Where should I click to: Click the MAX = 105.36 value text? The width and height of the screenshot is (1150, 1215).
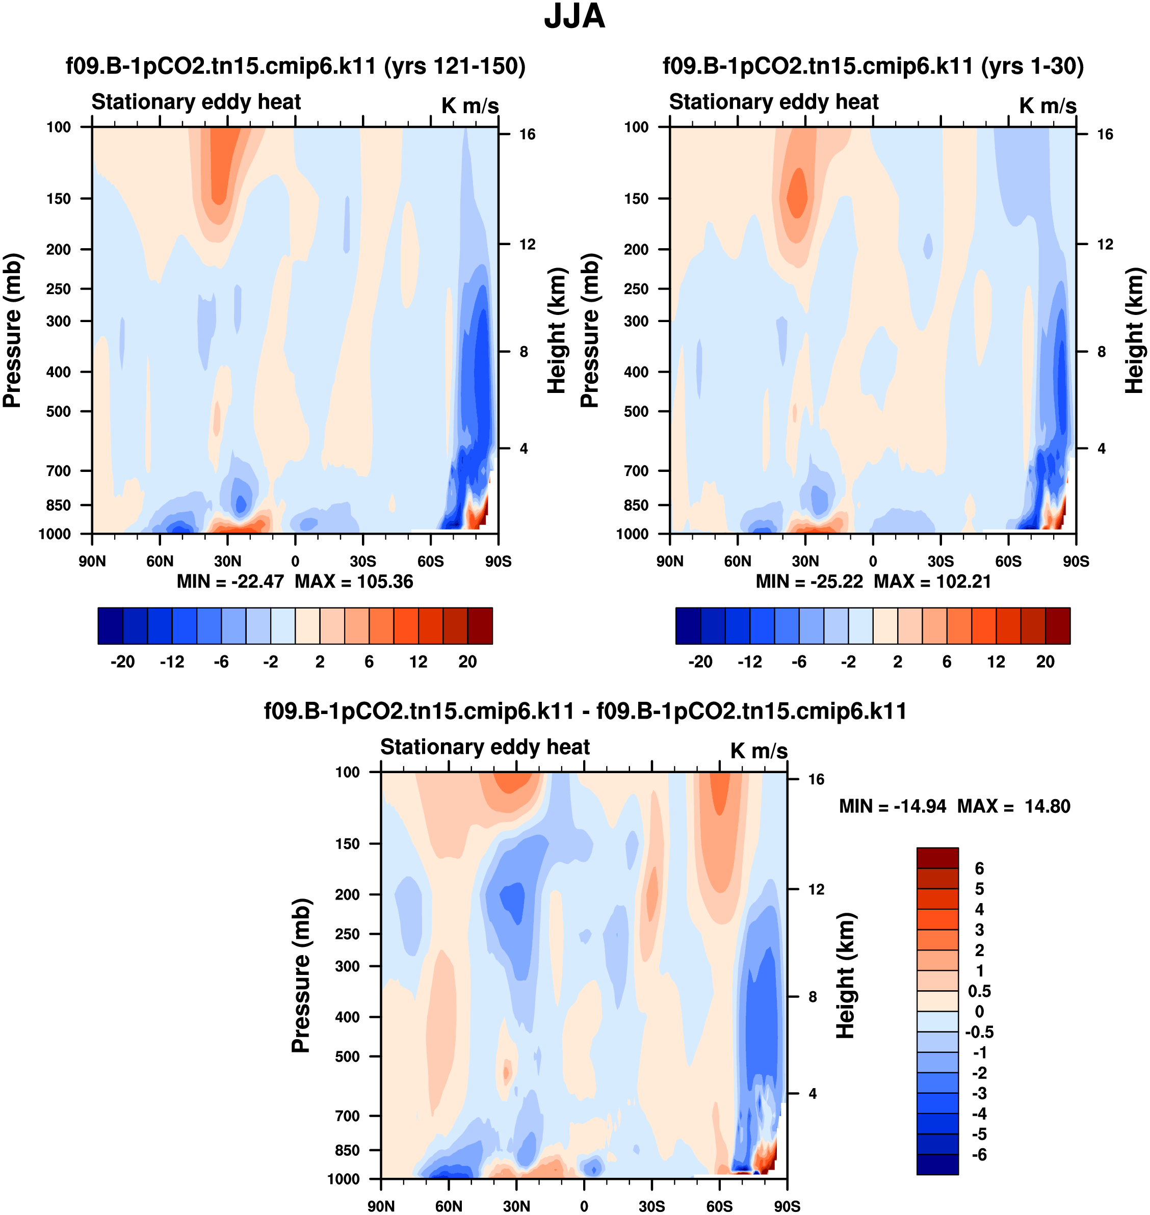[x=354, y=581]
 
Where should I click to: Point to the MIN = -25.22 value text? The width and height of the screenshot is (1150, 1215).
[x=809, y=581]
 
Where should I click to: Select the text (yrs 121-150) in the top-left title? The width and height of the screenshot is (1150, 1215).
[x=455, y=66]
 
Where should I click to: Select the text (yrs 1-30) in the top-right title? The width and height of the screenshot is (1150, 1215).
[x=1032, y=66]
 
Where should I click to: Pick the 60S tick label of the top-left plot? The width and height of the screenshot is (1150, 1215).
[x=430, y=562]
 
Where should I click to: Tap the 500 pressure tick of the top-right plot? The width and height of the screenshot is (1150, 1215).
[x=636, y=411]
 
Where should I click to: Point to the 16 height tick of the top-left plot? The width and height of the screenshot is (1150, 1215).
[x=527, y=134]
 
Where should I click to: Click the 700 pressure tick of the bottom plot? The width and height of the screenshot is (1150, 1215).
[x=347, y=1116]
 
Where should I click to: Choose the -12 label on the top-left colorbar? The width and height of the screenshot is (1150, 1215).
[x=172, y=662]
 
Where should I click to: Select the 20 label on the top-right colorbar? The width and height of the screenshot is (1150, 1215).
[x=1045, y=662]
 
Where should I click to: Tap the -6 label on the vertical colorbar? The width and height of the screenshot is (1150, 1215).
[x=979, y=1155]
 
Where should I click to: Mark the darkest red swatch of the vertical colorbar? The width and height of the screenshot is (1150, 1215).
[x=937, y=858]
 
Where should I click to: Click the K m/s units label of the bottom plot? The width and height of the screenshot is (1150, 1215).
[x=759, y=751]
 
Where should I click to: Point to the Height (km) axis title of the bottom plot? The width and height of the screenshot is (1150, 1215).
[x=846, y=974]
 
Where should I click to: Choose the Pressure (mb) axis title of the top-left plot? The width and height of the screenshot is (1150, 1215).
[x=12, y=330]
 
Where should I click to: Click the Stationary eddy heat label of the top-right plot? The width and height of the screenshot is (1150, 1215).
[x=774, y=102]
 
